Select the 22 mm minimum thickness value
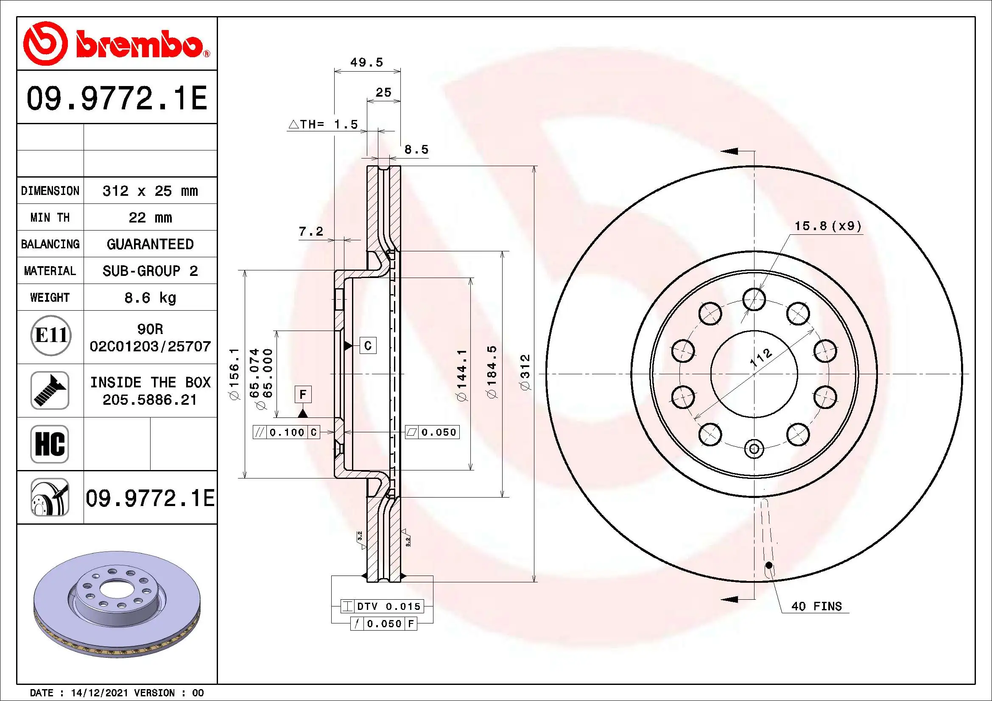tap(150, 217)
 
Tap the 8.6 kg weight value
tap(150, 298)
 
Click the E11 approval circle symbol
tap(50, 335)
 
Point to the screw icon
tap(50, 390)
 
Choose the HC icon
tap(50, 444)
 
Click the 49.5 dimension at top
tap(366, 63)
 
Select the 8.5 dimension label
tap(416, 150)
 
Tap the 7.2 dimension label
tap(310, 232)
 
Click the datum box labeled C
tap(368, 345)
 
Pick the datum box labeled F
tap(303, 394)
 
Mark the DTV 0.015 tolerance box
tap(382, 606)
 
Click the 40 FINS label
tap(816, 606)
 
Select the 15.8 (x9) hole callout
tap(828, 226)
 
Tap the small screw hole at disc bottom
tap(754, 449)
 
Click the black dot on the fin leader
tap(768, 565)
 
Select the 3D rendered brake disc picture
tap(117, 604)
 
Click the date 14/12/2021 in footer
tap(99, 693)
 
